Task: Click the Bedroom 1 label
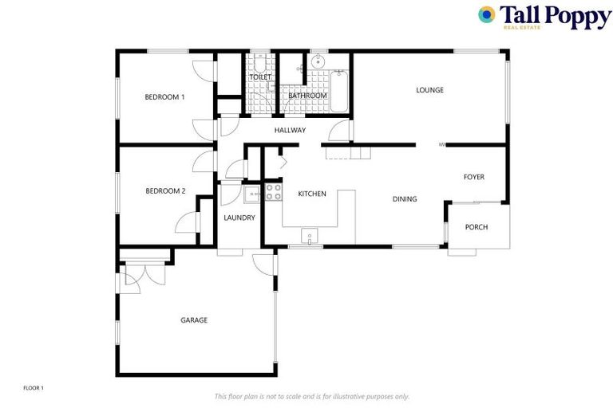pos(164,97)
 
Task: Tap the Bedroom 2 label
pos(165,191)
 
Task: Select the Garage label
pos(194,320)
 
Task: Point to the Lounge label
pos(429,90)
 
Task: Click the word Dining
pos(405,199)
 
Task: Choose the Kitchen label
pos(312,194)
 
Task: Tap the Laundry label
pos(239,218)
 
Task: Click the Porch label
pos(477,227)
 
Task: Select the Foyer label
pos(474,177)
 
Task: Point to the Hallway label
pos(290,130)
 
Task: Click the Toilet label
pos(260,77)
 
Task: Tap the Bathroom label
pos(307,96)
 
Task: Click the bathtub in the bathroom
pos(338,89)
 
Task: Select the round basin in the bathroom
pos(318,61)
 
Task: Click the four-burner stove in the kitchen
pos(273,191)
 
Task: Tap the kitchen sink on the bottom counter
pos(308,235)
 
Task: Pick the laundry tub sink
pos(253,194)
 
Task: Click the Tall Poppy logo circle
pos(486,14)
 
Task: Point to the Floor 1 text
pos(34,388)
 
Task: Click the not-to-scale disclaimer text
pos(311,396)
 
